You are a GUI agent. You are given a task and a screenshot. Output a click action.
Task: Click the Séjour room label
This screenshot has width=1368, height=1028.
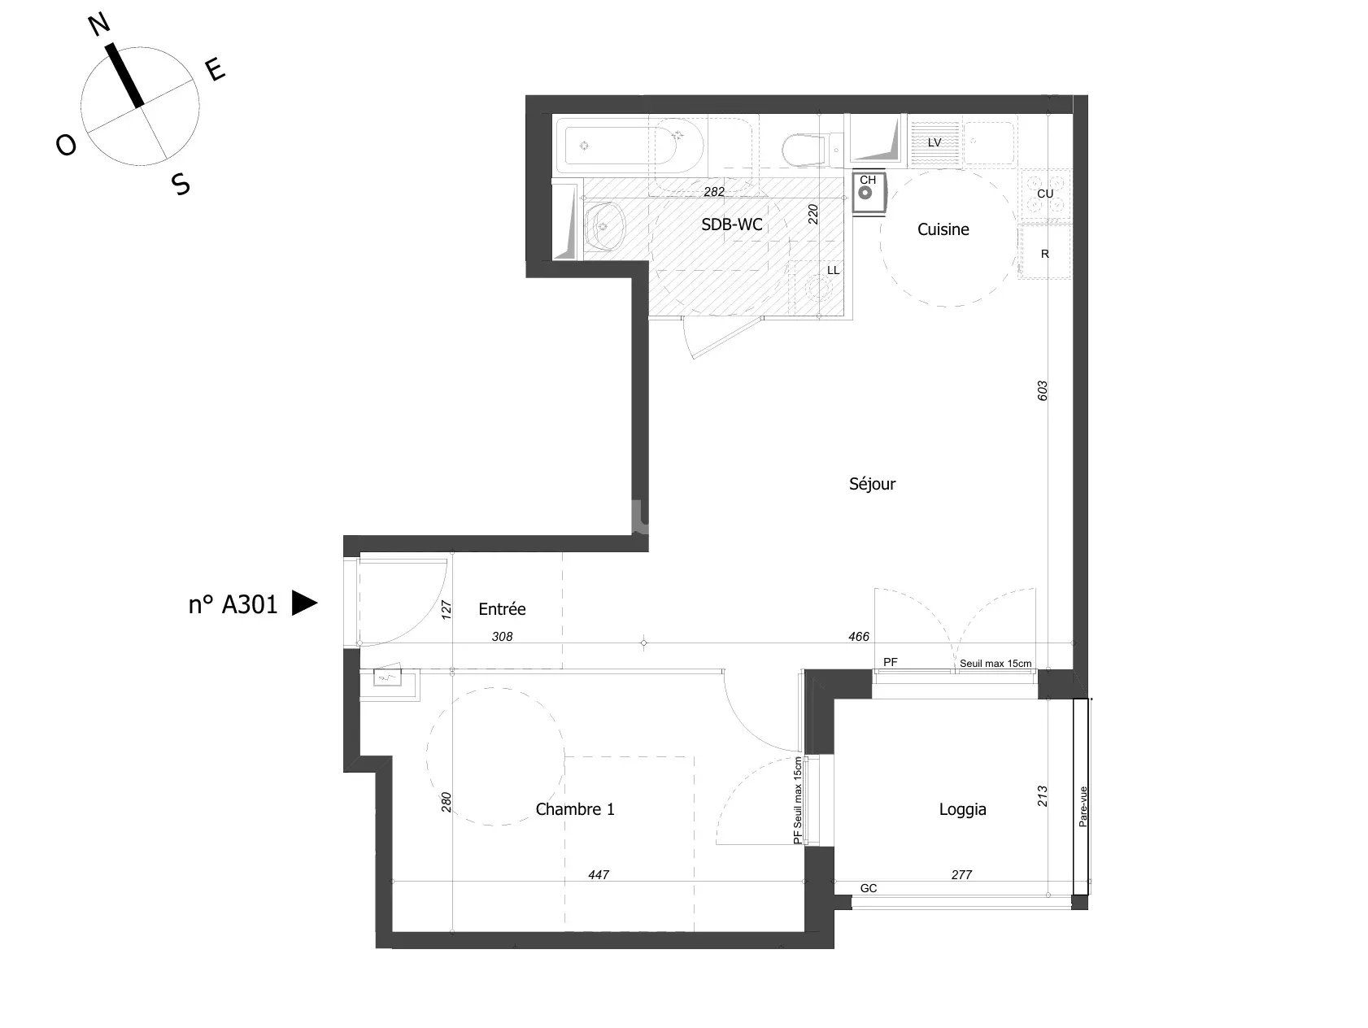(872, 484)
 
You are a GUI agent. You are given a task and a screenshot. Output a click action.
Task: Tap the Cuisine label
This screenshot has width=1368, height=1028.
(943, 230)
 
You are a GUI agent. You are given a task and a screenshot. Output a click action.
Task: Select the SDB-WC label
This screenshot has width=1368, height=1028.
(732, 225)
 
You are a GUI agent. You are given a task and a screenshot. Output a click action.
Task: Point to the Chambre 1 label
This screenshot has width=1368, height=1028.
(574, 809)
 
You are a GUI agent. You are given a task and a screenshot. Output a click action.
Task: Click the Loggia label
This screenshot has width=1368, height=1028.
(962, 809)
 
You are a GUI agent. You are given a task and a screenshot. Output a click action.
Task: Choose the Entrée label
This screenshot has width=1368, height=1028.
(502, 609)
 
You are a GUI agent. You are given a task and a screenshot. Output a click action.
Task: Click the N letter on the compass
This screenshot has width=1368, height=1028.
(98, 26)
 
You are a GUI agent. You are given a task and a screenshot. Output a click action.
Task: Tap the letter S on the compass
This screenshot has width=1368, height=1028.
(181, 185)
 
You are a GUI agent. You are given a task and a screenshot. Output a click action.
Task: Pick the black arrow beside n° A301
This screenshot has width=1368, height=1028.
(304, 603)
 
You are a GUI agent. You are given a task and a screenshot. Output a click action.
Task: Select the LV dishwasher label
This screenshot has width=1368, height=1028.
(935, 142)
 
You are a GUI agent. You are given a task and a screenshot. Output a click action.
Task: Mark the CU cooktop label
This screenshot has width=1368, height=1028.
(1045, 194)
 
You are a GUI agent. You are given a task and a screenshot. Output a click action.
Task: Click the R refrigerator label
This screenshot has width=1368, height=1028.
(1045, 254)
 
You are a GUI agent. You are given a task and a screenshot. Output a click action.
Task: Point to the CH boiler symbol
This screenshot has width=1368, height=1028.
(867, 193)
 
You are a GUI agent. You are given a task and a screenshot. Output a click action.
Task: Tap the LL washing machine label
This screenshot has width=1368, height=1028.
(833, 270)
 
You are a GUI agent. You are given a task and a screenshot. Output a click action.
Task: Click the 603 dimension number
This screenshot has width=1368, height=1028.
(1043, 390)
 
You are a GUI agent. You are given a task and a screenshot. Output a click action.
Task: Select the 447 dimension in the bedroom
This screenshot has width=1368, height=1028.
(599, 875)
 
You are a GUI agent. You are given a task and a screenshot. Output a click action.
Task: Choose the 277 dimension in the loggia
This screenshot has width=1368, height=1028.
(961, 875)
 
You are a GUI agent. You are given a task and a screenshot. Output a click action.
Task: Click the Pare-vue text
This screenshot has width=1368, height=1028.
(1083, 806)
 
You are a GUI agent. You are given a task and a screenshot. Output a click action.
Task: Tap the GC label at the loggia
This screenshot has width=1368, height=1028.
(869, 888)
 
